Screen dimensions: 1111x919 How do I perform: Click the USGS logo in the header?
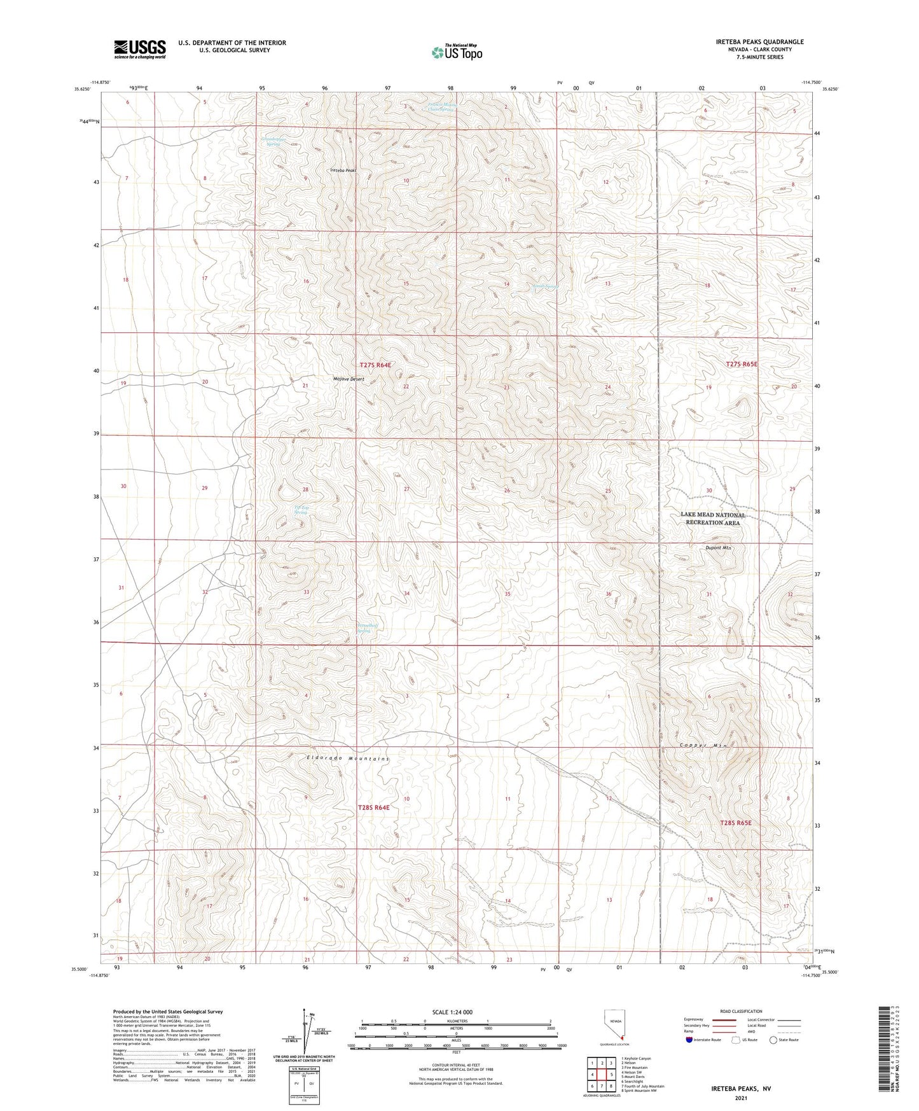coord(139,48)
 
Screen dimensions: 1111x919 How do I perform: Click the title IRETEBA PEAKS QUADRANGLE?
coord(759,42)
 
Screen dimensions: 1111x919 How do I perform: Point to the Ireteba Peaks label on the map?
coord(343,171)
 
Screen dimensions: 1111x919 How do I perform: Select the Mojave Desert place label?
coord(349,379)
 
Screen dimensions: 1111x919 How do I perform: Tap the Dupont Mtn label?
coord(719,548)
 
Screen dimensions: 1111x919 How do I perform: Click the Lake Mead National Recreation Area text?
coord(712,519)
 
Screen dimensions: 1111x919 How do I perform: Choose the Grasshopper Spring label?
coord(273,141)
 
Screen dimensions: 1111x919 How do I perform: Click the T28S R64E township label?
coord(374,807)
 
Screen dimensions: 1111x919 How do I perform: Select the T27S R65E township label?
coord(742,365)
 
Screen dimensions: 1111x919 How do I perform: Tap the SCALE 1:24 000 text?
coord(452,1012)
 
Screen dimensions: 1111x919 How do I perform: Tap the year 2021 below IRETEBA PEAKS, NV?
coord(740,1098)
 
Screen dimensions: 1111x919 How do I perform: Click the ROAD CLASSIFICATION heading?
coord(740,1011)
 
